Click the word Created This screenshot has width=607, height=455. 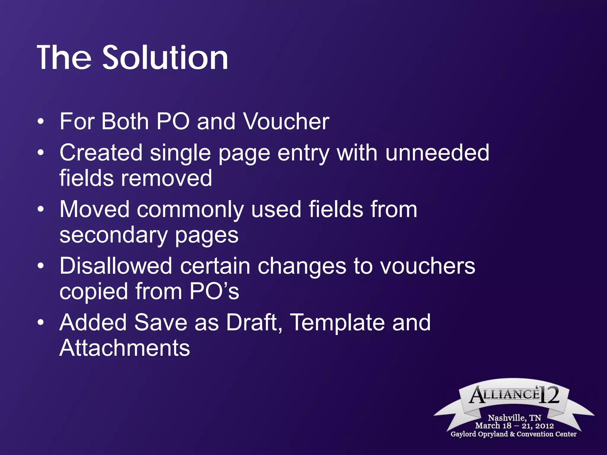pos(101,153)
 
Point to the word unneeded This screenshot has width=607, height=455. pos(437,153)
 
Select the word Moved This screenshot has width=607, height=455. pos(94,209)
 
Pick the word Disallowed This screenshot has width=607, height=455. pos(116,266)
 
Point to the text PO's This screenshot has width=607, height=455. pos(214,291)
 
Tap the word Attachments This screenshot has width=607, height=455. pos(124,348)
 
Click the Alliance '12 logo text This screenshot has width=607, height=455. pos(514,395)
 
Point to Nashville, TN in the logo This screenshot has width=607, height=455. pos(514,418)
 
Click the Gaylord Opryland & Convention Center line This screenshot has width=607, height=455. pos(513,434)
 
